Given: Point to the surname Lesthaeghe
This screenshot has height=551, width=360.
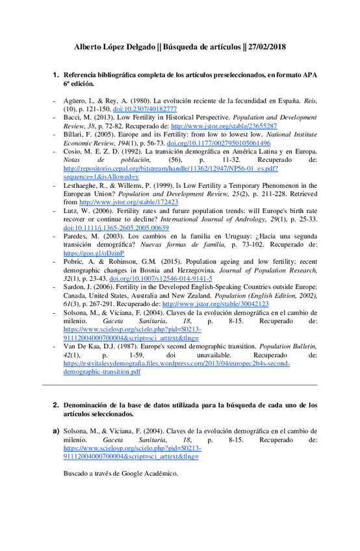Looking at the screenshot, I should point(83,185).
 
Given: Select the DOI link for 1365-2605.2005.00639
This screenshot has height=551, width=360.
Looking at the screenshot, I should point(112,227).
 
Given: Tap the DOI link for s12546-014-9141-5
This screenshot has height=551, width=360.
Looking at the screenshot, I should point(166,278).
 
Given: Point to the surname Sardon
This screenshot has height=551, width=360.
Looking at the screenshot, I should point(75,287).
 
